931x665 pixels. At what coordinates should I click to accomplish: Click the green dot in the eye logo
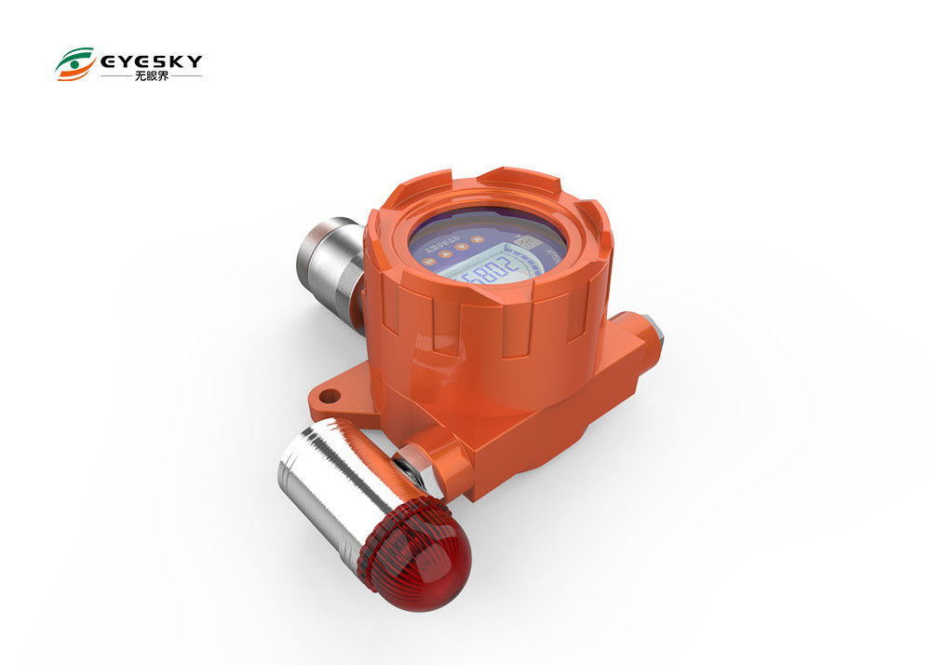pyautogui.click(x=75, y=65)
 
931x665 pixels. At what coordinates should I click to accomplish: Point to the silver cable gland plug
pyautogui.click(x=651, y=327)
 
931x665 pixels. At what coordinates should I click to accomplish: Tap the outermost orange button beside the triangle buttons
pyautogui.click(x=428, y=263)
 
